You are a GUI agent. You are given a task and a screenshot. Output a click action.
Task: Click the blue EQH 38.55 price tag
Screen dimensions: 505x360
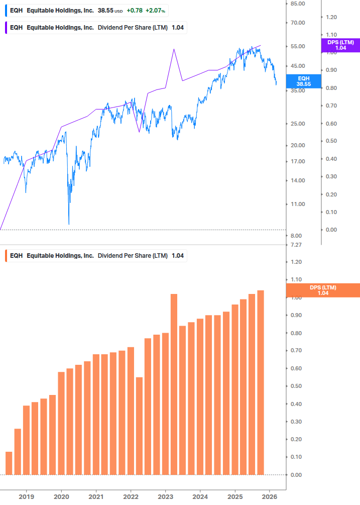click(304, 81)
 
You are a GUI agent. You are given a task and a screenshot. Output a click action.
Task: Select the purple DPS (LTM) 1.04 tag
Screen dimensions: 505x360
click(340, 45)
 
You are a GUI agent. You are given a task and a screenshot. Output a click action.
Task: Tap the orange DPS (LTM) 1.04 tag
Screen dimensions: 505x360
click(322, 290)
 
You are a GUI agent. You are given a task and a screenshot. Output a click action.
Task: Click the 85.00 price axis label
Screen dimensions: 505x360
click(298, 4)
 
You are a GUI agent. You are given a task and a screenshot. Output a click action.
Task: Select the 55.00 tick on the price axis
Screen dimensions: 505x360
click(298, 46)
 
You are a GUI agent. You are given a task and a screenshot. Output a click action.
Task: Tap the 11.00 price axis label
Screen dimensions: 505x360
click(298, 204)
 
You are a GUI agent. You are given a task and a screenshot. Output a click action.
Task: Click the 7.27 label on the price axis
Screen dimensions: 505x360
click(296, 245)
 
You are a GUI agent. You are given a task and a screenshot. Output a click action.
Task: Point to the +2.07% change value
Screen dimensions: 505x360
click(155, 10)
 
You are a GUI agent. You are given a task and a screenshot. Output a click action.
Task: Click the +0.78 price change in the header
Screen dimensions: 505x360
click(135, 10)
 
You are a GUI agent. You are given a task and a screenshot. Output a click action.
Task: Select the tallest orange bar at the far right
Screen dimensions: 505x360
click(261, 382)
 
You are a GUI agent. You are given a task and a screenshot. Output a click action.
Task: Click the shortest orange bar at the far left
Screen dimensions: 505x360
click(9, 463)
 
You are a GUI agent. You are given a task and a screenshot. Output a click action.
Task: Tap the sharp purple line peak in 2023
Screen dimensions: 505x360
click(173, 49)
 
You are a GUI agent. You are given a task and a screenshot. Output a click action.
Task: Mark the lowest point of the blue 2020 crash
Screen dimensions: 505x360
click(69, 224)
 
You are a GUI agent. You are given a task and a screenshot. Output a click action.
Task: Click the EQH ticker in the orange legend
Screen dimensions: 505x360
click(16, 256)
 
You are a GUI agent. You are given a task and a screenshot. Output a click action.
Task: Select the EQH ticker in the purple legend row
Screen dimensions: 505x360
click(16, 28)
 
